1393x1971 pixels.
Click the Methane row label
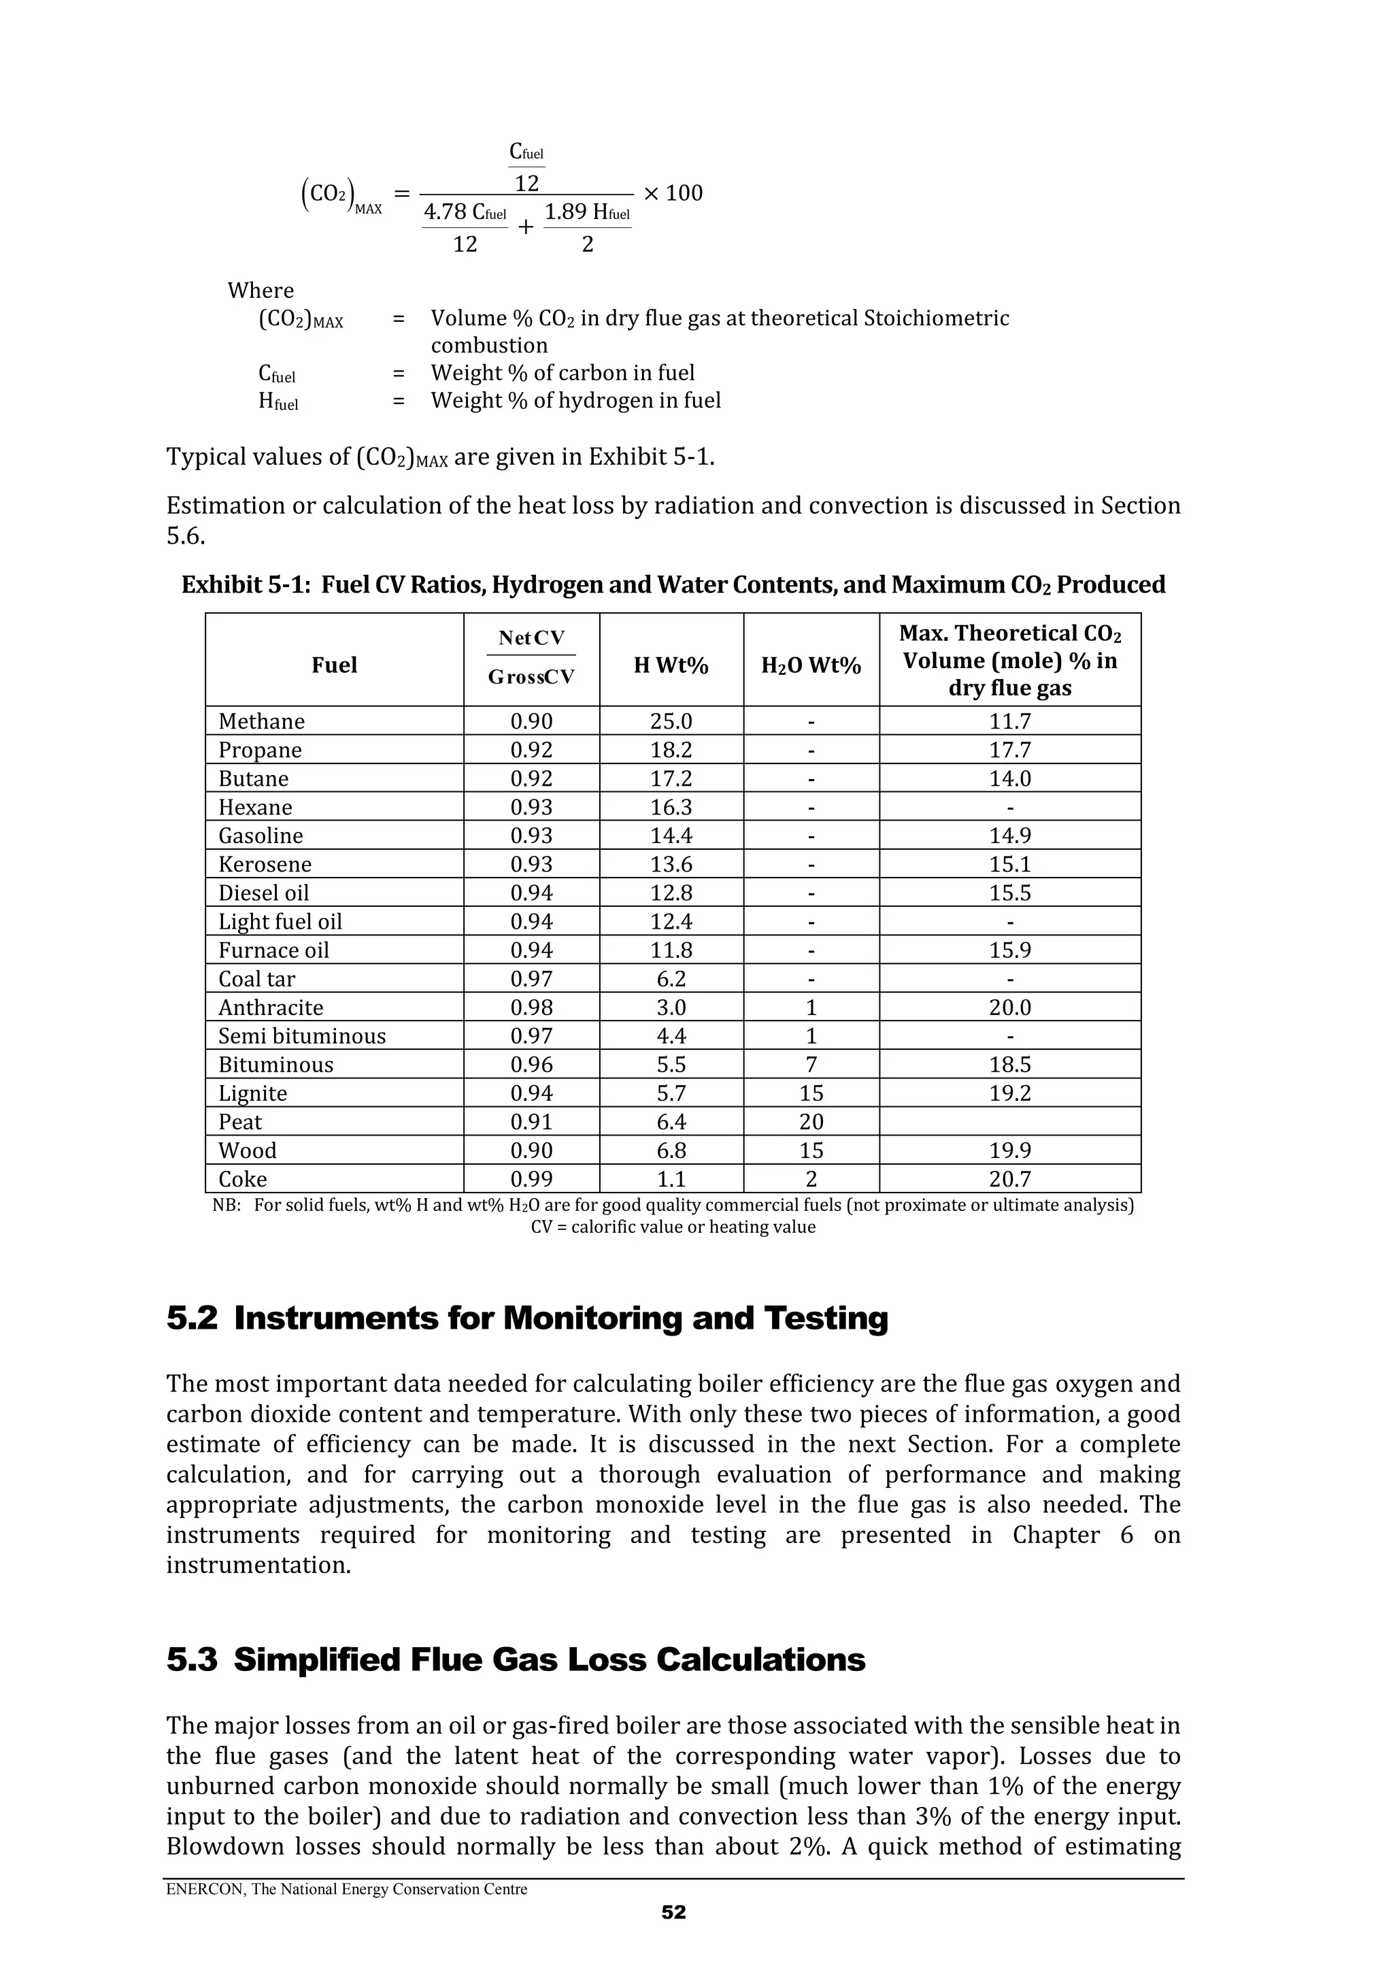(261, 721)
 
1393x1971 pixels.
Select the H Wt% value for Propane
(671, 750)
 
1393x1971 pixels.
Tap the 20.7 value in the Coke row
(1009, 1178)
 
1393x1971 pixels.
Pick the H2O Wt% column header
(810, 665)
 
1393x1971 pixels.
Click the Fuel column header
(334, 665)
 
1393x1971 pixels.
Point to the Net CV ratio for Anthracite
(531, 1007)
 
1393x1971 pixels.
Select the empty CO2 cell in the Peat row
(1009, 1121)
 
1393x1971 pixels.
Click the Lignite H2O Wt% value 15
(810, 1093)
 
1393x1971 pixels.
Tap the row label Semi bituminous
(301, 1036)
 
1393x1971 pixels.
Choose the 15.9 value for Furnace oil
(1009, 950)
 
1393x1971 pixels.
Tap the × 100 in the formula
(673, 193)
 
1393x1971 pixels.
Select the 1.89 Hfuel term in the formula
(587, 213)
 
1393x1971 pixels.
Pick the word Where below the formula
(260, 290)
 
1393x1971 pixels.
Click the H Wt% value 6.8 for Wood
(671, 1150)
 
